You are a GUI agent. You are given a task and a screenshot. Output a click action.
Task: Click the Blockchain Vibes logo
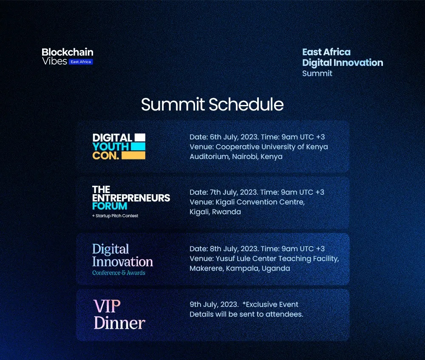(x=67, y=57)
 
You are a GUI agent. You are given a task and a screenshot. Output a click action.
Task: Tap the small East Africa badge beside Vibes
(x=81, y=62)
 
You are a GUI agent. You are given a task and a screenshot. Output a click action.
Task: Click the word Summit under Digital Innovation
(x=317, y=73)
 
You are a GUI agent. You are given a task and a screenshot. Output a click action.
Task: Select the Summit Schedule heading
(x=212, y=105)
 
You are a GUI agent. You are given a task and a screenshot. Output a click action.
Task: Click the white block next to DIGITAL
(x=140, y=137)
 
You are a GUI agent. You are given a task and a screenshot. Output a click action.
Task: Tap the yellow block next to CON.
(x=133, y=156)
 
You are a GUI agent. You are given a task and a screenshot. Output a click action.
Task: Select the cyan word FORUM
(x=110, y=206)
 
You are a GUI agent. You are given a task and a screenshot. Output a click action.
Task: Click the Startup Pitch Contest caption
(x=115, y=216)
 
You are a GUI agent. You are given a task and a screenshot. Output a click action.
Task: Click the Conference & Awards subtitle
(x=119, y=273)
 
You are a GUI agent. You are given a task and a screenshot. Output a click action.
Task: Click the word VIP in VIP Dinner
(x=107, y=306)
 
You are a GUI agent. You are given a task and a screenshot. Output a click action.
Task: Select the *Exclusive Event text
(x=270, y=305)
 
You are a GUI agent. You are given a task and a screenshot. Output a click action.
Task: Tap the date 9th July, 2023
(x=214, y=305)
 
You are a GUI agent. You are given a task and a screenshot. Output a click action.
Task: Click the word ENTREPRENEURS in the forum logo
(x=131, y=198)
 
